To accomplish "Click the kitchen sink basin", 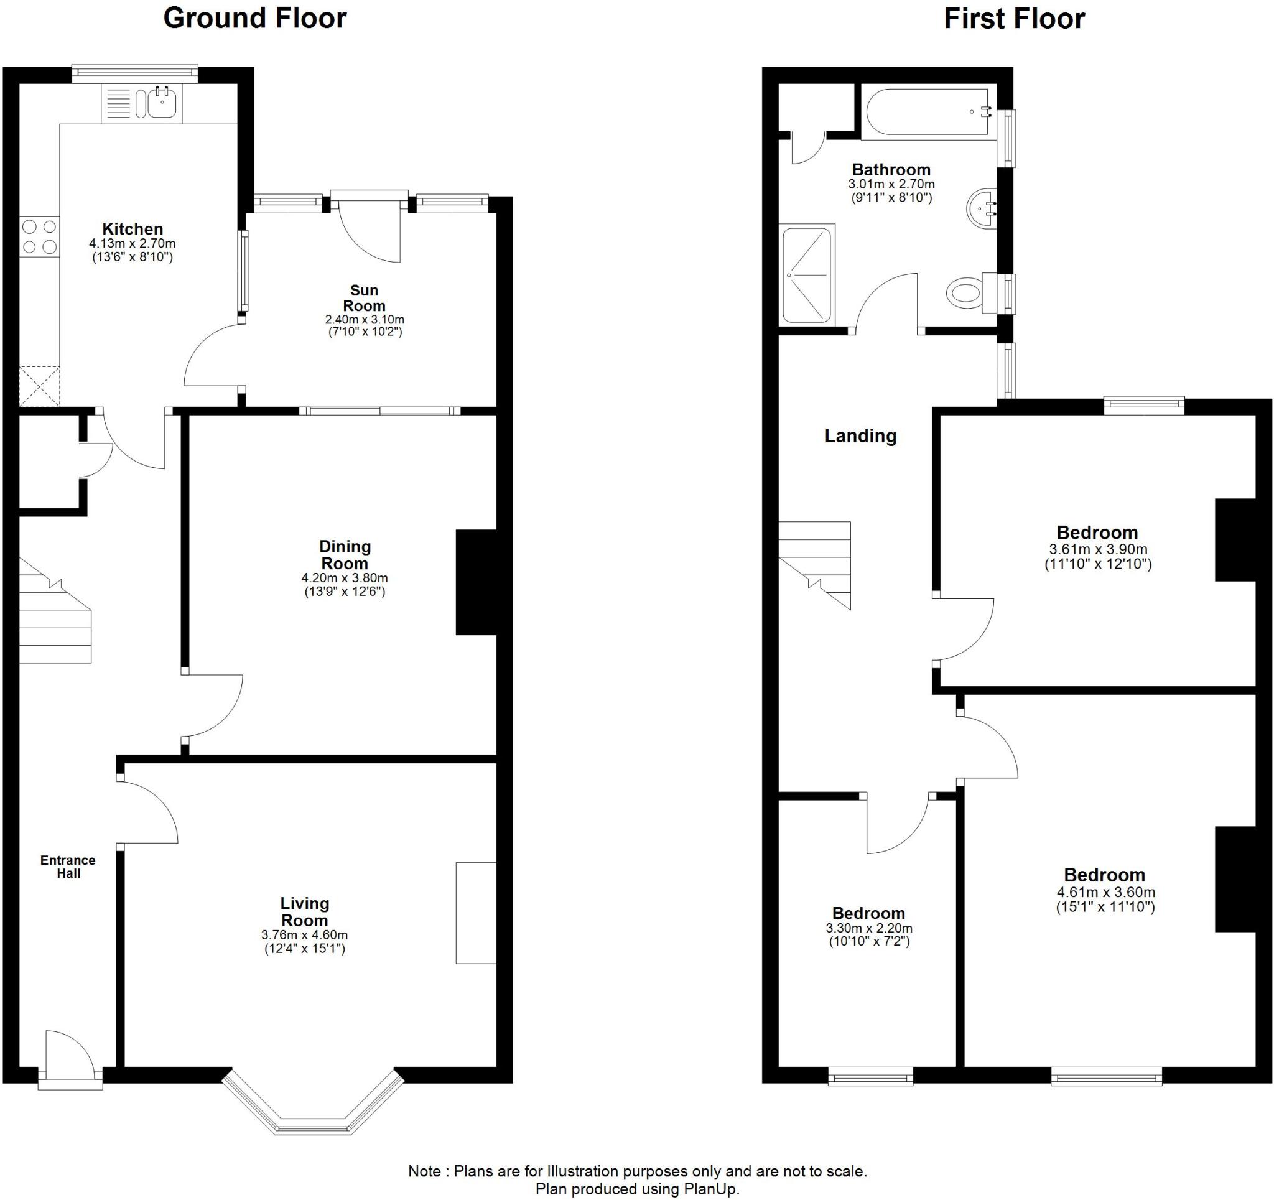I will [x=162, y=103].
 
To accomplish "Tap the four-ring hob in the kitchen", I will [x=39, y=236].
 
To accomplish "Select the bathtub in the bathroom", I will [x=926, y=111].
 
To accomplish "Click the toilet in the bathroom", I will [x=965, y=294].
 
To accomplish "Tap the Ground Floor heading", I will [x=255, y=18].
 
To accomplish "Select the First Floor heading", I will [x=1014, y=19].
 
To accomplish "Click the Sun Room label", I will [x=364, y=298].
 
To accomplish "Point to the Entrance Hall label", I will [x=68, y=867].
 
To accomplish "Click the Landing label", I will [x=860, y=436].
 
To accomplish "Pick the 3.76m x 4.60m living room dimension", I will [x=304, y=935].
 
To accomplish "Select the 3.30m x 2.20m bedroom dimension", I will [x=869, y=928].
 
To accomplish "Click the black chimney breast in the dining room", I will [x=476, y=582].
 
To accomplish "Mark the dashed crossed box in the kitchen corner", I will [x=39, y=386].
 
